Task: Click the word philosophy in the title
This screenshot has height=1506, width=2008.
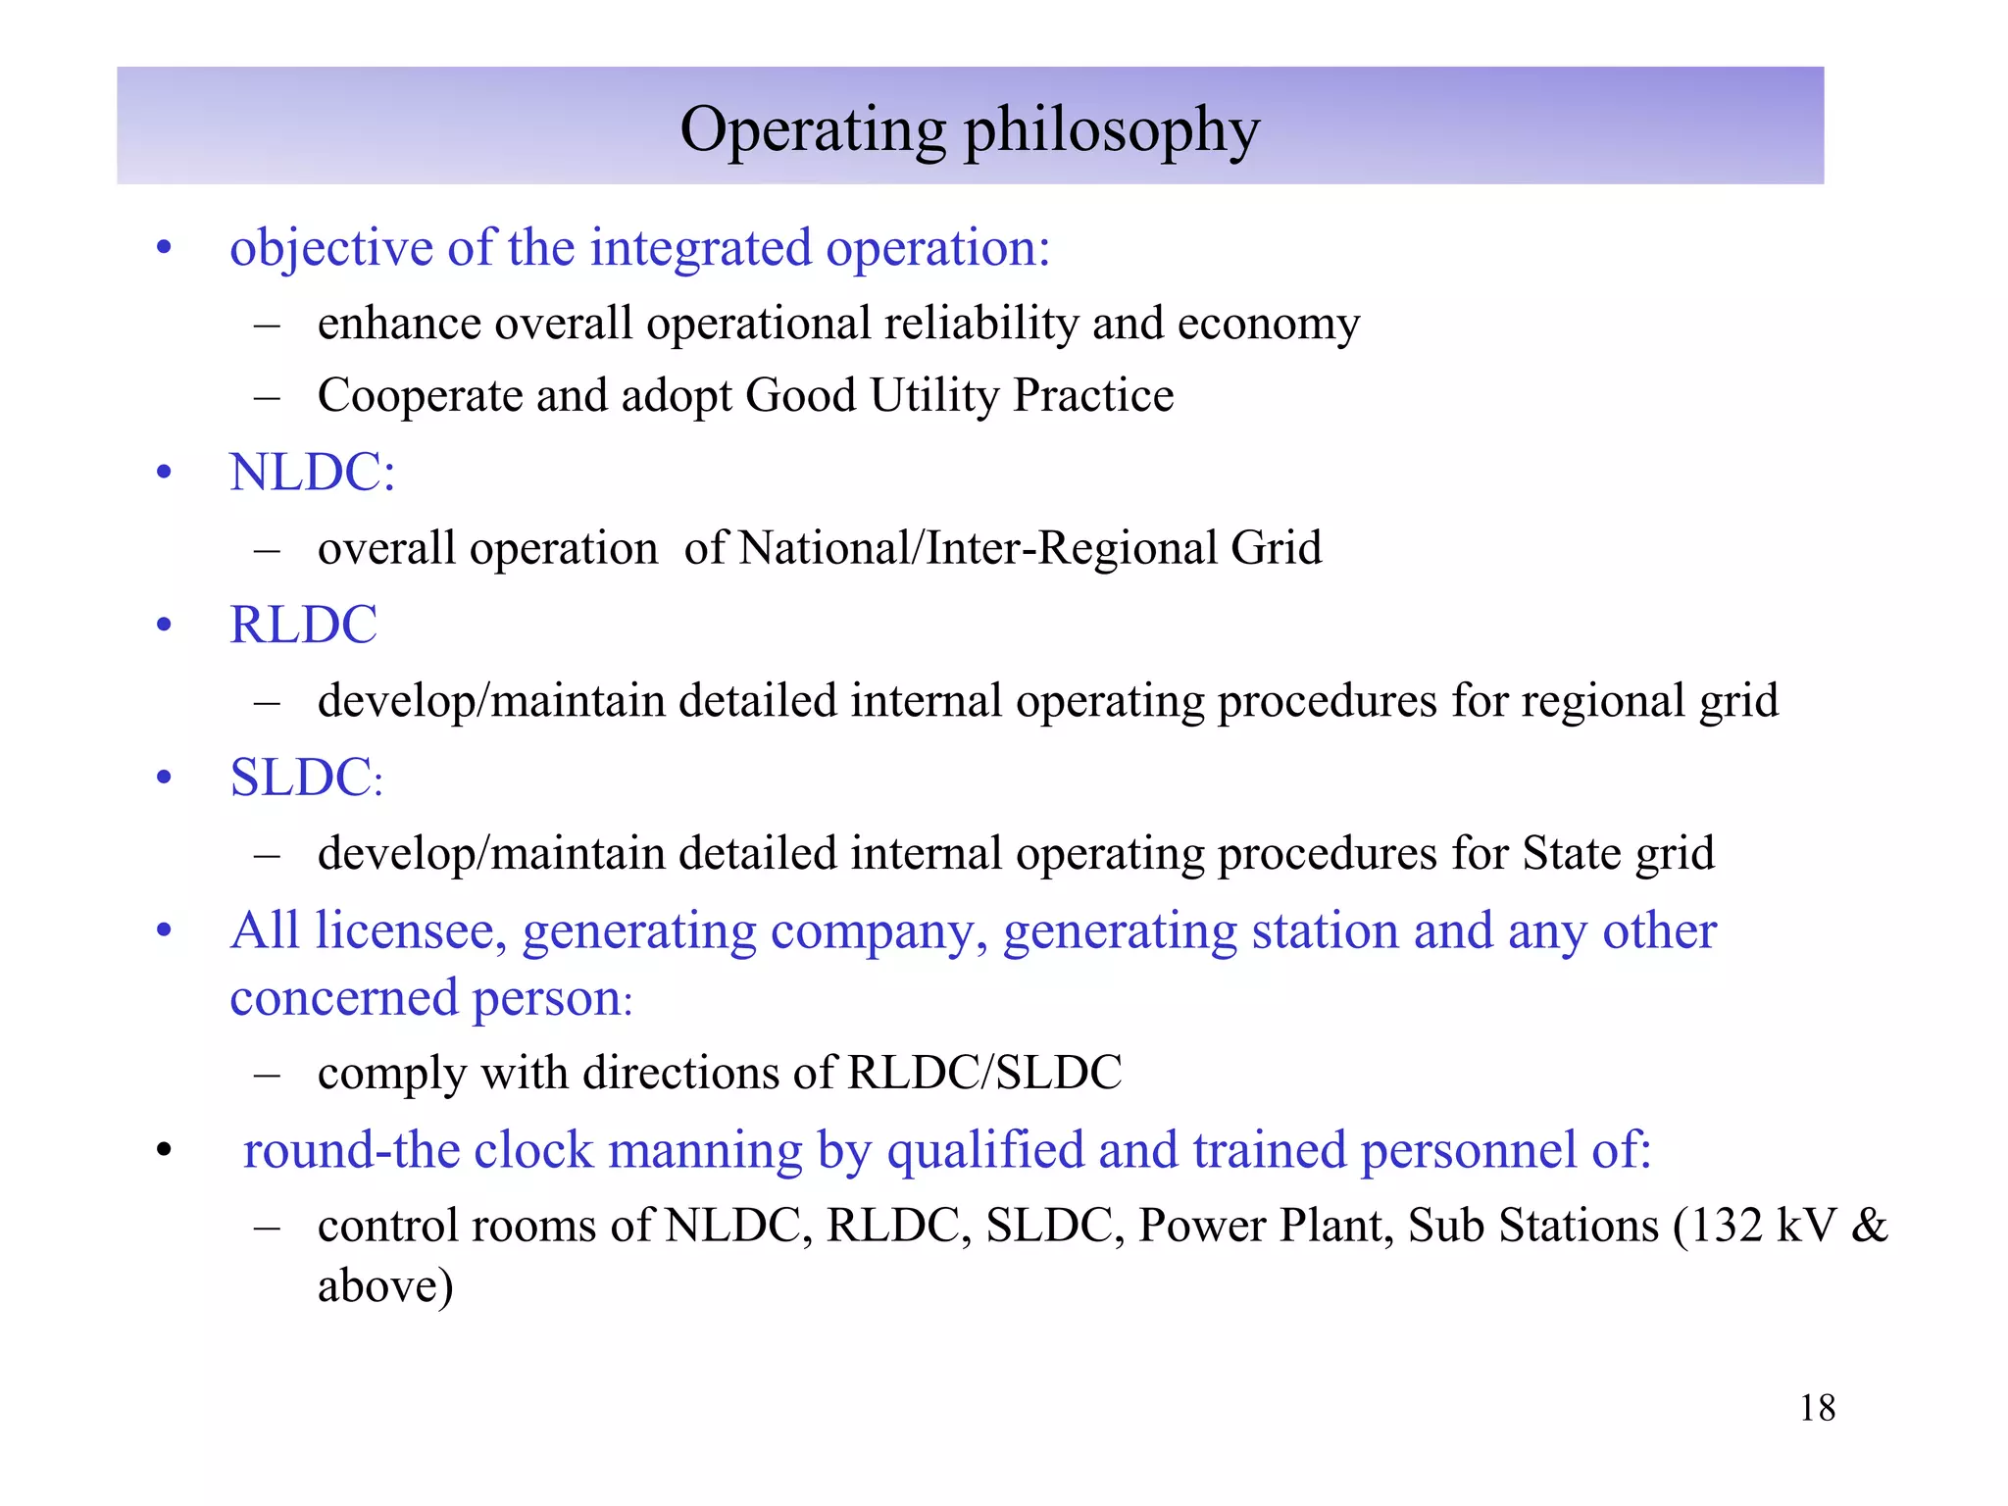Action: click(x=1112, y=131)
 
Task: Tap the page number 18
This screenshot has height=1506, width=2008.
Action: click(x=1817, y=1408)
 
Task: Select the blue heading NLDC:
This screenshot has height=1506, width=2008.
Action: click(x=312, y=472)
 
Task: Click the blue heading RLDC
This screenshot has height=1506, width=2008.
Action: click(x=303, y=625)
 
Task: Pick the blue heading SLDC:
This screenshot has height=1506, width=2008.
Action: click(x=306, y=778)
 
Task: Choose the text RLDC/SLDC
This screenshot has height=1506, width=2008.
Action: click(x=984, y=1073)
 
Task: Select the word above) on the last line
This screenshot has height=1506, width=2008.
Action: click(x=385, y=1286)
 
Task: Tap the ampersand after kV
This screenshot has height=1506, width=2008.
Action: click(x=1869, y=1226)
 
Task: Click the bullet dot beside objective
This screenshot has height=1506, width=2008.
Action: click(x=164, y=248)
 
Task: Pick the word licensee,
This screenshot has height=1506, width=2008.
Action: click(x=411, y=930)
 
